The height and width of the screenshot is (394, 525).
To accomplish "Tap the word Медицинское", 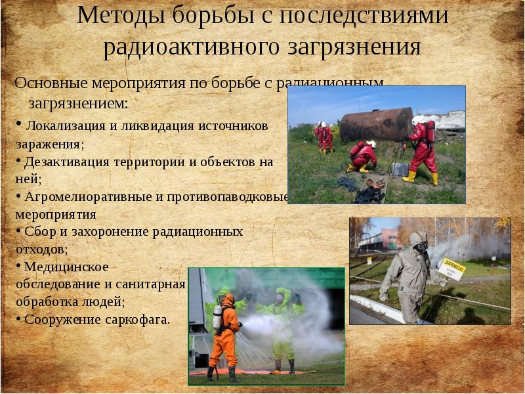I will pyautogui.click(x=66, y=267).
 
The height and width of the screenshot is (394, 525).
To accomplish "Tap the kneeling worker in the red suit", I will pyautogui.click(x=363, y=156).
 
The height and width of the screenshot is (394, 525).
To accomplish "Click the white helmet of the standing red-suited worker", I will pyautogui.click(x=417, y=120).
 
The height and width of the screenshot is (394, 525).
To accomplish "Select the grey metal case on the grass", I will pyautogui.click(x=400, y=169).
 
